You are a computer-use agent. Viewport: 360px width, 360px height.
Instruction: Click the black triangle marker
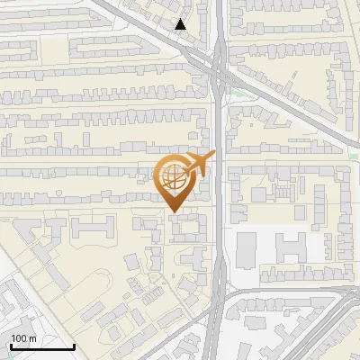click(x=181, y=24)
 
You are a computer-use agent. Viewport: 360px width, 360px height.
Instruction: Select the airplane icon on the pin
click(x=199, y=164)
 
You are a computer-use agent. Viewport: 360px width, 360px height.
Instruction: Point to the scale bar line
click(x=41, y=346)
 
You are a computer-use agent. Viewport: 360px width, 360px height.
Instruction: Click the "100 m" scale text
click(x=24, y=337)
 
